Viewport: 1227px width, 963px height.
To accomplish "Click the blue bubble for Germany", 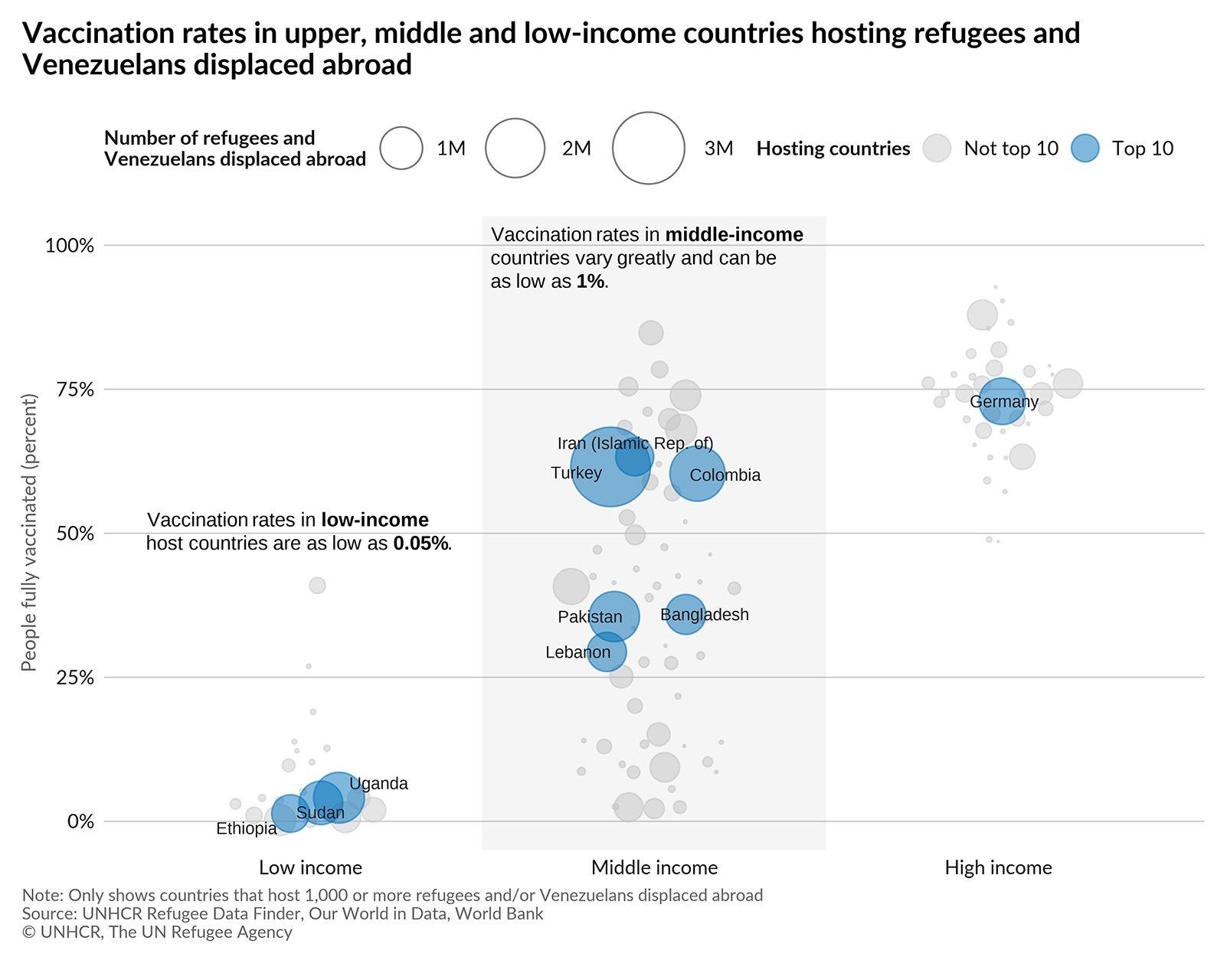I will point(1002,400).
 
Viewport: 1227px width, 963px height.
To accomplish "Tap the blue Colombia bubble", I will point(697,474).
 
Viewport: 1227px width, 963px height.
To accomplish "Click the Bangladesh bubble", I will point(685,614).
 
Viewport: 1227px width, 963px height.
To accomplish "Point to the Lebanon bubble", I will point(607,652).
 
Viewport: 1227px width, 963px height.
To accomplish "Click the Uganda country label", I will point(378,784).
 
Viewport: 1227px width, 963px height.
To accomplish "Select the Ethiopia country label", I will point(246,829).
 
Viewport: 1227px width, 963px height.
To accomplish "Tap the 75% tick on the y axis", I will point(75,390).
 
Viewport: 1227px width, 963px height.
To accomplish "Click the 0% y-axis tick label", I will point(80,821).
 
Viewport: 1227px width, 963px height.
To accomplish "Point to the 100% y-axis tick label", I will point(70,246).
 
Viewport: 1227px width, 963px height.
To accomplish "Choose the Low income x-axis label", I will point(310,868).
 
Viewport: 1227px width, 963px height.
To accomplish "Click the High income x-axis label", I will point(998,868).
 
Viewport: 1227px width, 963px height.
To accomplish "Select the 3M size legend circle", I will point(648,149).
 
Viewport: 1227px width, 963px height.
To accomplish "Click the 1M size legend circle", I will point(401,149).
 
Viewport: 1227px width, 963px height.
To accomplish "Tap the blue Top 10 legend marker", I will point(1085,149).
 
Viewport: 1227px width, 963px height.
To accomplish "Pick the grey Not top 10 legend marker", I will point(936,149).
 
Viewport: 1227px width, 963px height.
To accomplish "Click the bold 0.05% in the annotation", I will point(420,544).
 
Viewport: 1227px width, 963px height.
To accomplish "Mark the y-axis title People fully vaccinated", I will point(29,533).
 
